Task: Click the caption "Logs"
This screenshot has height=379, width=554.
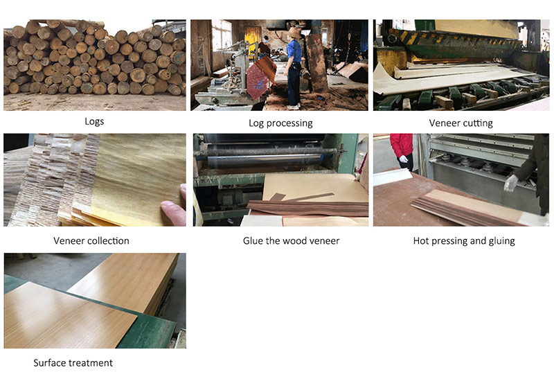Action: coord(94,122)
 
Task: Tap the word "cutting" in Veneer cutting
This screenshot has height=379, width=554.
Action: coord(478,123)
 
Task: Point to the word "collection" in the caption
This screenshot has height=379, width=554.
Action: coord(109,240)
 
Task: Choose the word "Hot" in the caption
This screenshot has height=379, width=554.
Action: coord(421,240)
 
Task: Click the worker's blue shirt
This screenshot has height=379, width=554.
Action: coord(294,51)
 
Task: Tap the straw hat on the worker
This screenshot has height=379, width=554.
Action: coord(294,33)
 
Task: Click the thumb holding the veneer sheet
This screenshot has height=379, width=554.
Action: coord(173,212)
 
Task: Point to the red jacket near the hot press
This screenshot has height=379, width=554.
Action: coord(402,145)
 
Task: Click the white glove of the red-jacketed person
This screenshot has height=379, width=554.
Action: coord(404,159)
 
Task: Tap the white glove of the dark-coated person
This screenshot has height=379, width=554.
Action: coord(510,183)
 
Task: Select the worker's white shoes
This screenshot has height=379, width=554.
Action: coord(293,106)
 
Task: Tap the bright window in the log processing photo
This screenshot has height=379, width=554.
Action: coord(221,35)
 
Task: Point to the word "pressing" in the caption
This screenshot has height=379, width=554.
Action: coord(449,241)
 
